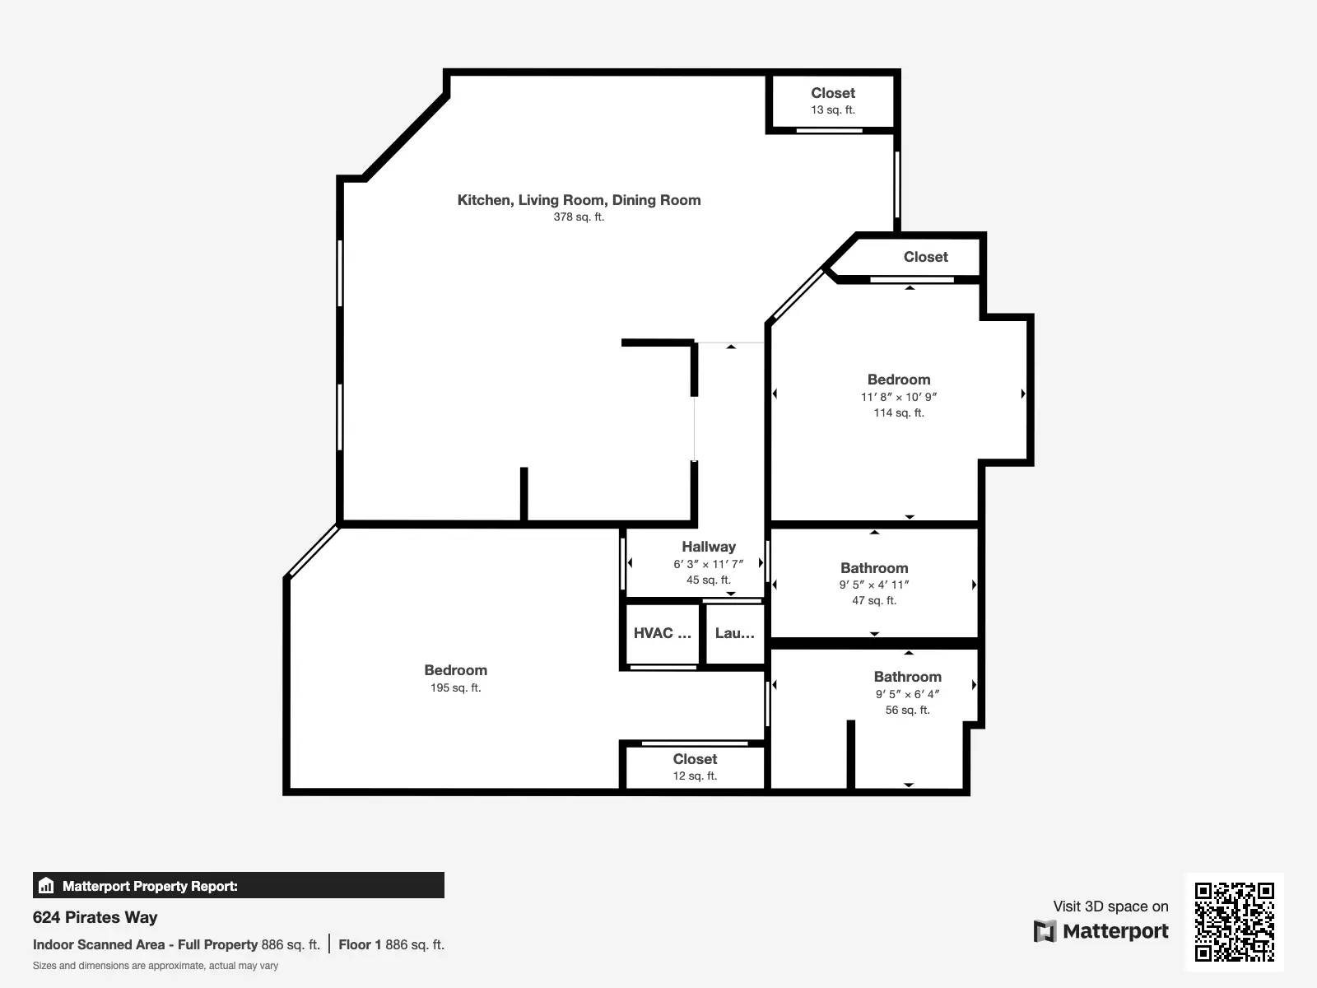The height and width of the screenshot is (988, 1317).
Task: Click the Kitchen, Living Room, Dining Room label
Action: coord(579,200)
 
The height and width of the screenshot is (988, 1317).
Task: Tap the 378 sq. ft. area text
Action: coord(579,217)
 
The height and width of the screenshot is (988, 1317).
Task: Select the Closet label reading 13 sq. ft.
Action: coord(833,93)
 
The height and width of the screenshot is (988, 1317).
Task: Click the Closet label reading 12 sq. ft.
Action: coord(695,759)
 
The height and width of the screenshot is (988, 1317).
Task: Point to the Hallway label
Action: coord(709,547)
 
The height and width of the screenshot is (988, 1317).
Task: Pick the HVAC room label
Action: coord(663,633)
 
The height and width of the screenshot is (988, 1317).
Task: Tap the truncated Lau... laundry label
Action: coord(734,633)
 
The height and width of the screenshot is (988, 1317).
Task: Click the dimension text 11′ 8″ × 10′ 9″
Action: coord(899,397)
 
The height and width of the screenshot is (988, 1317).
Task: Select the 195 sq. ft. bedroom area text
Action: coord(455,688)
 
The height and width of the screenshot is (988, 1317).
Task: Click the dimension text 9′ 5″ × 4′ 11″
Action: coord(874,585)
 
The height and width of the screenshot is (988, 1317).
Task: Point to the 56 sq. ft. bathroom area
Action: coord(907,711)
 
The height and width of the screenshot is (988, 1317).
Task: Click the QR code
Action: coord(1234,922)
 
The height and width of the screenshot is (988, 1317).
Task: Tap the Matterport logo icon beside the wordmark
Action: coord(1045,931)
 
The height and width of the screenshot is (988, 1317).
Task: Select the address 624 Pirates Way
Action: coord(95,917)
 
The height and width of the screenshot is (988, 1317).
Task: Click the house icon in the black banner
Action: coord(46,885)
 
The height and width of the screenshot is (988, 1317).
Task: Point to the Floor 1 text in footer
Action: coord(360,945)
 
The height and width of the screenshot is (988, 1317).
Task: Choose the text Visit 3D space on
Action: coord(1110,906)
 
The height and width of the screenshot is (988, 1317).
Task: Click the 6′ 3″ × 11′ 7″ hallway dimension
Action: coord(709,565)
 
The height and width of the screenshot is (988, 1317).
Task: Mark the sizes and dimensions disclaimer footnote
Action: coord(156,966)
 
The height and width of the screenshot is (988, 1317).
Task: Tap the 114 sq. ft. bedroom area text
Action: coord(899,413)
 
